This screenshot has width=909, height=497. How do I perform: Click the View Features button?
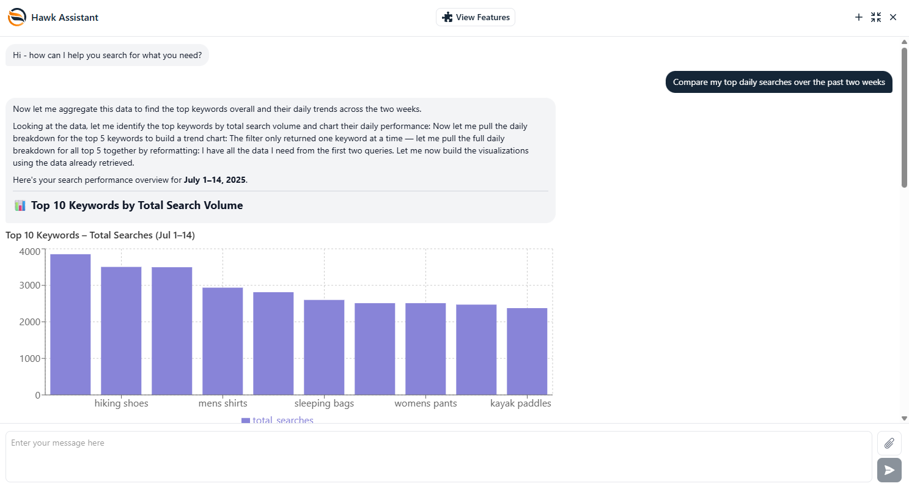(475, 17)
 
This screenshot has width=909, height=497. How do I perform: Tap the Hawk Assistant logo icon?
(17, 17)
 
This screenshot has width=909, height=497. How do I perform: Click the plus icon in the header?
(858, 17)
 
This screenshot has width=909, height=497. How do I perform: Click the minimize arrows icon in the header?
(876, 17)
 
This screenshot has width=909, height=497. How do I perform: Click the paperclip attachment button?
(889, 443)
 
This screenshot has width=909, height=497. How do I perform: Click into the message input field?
(438, 457)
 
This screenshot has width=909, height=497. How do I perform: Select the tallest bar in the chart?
(70, 325)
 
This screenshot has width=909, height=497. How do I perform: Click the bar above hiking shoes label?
(121, 331)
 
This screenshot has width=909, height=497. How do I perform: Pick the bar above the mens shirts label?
(223, 341)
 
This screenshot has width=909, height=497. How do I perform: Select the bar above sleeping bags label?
(324, 347)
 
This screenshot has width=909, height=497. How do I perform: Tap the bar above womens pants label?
(425, 349)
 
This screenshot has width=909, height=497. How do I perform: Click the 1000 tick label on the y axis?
(29, 359)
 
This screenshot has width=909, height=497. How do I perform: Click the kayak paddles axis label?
(521, 403)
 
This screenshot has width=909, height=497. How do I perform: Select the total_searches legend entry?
(277, 421)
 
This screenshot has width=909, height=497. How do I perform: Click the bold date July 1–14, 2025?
(215, 180)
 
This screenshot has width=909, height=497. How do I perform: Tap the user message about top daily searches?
(779, 82)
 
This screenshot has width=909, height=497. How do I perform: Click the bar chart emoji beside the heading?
(20, 205)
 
